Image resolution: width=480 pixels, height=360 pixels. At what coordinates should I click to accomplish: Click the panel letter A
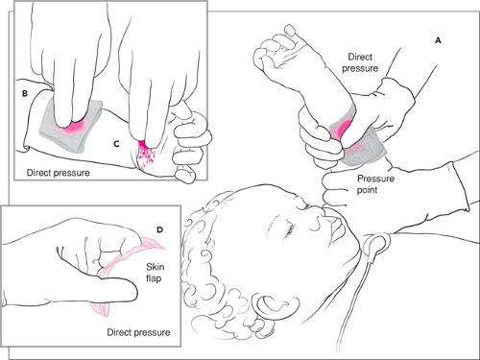438,40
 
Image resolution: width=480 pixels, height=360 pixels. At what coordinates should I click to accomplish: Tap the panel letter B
25,93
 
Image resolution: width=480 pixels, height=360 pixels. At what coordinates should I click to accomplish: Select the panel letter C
116,144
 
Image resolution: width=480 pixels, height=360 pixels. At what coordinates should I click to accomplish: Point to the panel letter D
159,229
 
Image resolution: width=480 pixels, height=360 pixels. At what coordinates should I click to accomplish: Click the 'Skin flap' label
155,273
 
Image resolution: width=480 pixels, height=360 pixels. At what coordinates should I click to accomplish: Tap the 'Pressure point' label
375,184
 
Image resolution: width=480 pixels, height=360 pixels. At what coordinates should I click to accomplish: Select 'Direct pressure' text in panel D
138,332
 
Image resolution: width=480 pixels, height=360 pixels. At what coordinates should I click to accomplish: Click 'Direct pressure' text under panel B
58,173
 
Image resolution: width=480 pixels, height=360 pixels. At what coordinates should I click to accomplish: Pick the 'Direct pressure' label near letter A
360,62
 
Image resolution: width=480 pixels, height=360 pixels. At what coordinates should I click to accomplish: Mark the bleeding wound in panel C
146,153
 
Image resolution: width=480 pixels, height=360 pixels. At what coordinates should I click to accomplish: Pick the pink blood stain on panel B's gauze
74,126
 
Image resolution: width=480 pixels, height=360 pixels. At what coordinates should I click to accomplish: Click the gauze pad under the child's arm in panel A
365,147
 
